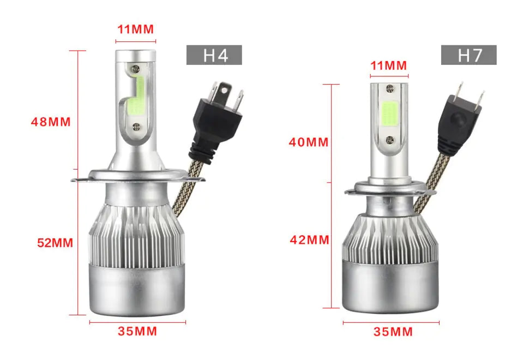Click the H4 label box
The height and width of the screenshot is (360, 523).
(214, 55)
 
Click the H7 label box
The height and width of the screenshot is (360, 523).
(468, 55)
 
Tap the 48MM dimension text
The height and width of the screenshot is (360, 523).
(51, 122)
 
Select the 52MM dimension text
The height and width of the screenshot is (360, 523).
(55, 243)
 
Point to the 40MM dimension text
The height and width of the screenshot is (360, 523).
(309, 142)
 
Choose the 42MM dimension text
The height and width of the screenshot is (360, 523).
(309, 239)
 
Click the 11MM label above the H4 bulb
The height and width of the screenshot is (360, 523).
(135, 29)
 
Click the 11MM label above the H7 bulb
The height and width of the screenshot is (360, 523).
(389, 65)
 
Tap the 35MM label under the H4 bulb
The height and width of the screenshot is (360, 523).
(137, 331)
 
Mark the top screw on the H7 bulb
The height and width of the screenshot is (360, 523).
(389, 88)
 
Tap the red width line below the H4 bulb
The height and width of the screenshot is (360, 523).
(137, 322)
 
